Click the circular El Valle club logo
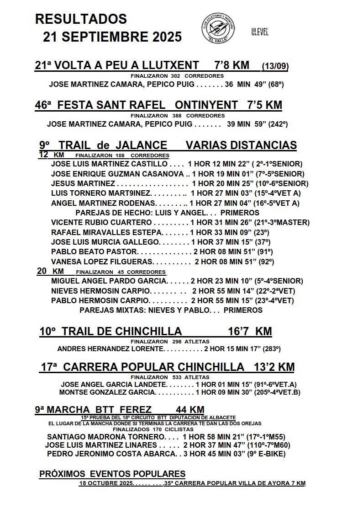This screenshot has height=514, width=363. pos(218,28)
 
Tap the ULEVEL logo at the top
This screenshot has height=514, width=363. pos(259,32)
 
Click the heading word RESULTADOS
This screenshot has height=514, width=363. pos(81,19)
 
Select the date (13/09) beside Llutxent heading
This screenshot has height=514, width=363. pos(275,67)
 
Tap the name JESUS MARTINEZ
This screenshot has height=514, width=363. pos(83,183)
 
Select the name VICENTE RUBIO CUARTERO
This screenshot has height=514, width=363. pos(101,223)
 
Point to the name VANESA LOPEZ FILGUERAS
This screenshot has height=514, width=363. pos(102,262)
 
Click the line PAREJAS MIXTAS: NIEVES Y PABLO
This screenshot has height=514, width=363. pos(171,310)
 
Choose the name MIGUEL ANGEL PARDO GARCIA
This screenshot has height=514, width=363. pos(109,281)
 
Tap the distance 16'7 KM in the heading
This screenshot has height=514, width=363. pos(249,331)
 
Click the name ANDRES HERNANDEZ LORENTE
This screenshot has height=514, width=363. pos(110,349)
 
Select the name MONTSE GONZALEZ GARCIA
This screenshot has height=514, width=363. pos(107,392)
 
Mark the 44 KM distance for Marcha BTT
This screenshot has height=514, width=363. pos(190,410)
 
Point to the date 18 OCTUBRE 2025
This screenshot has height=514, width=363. pos(106,483)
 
